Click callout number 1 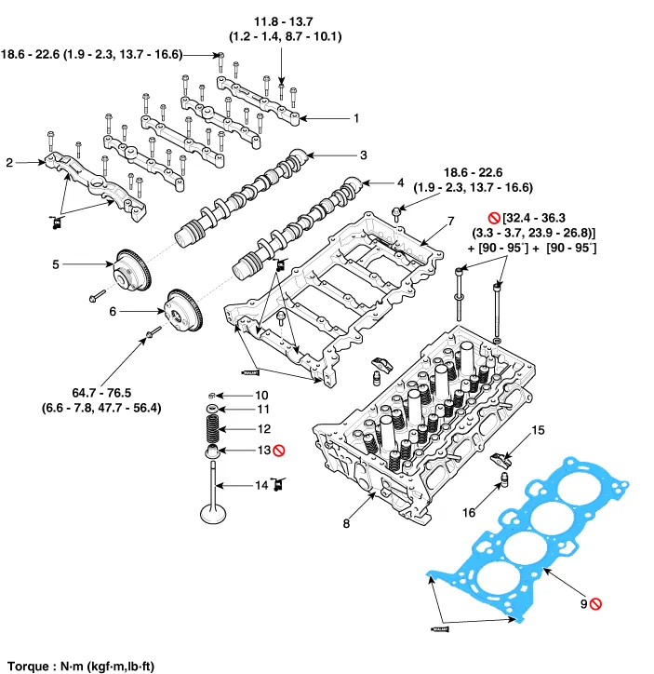[x=354, y=118]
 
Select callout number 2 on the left [x=9, y=163]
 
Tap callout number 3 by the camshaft [x=364, y=155]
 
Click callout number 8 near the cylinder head [x=346, y=524]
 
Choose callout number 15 [x=537, y=430]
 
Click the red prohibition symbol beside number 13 [x=277, y=451]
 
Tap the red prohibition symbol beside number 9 [x=595, y=604]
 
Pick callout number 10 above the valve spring [x=262, y=395]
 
